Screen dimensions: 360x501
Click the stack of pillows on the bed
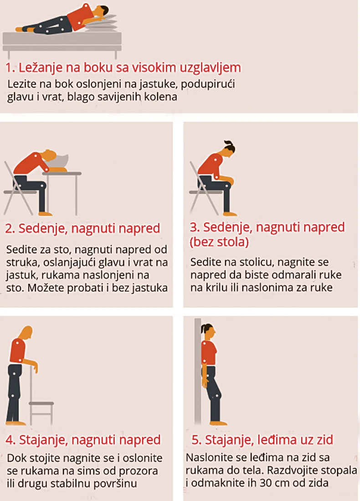coord(101,24)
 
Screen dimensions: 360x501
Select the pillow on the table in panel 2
coord(60,161)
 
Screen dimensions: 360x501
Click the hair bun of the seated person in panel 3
coord(230,146)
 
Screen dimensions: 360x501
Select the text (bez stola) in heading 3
coord(219,242)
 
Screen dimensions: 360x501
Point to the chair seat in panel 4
coord(41,403)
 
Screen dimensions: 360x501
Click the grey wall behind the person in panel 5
coord(198,371)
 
